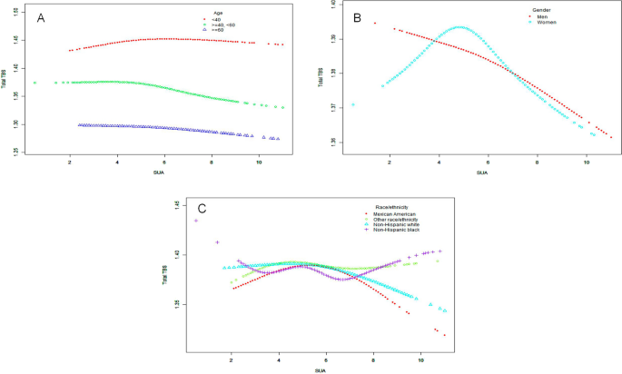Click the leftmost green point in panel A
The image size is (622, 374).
coord(35,83)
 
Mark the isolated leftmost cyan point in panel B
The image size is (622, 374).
coord(353,104)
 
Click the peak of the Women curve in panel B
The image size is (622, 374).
coord(459,27)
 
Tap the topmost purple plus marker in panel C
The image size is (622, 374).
coord(195,221)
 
